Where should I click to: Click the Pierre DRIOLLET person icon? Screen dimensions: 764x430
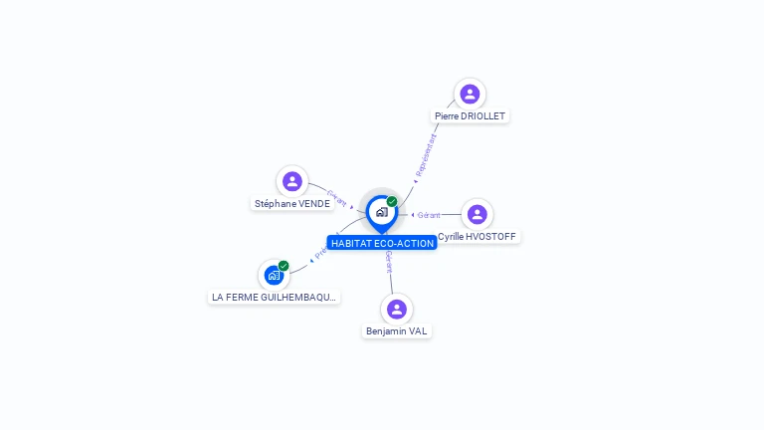tap(470, 95)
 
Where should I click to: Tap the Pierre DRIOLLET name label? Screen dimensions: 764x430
tap(470, 116)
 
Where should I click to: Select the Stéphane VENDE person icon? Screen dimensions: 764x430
tap(291, 181)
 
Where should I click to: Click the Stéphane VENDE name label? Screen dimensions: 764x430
tap(291, 204)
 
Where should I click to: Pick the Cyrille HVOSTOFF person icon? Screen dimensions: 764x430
tap(477, 214)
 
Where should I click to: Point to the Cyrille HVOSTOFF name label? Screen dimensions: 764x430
tap(477, 237)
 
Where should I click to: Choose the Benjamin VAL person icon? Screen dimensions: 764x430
tap(396, 309)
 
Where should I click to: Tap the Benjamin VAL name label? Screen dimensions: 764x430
tap(396, 330)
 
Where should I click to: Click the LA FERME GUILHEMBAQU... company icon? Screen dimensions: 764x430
tap(273, 276)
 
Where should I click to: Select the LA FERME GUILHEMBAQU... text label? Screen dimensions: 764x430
tap(275, 297)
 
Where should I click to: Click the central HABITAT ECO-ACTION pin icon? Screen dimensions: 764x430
tap(381, 212)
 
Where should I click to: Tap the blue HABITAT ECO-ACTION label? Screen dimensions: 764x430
tap(382, 243)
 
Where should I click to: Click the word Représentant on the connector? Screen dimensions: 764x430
tap(426, 156)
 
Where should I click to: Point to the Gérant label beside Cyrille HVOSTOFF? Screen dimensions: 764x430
tap(430, 215)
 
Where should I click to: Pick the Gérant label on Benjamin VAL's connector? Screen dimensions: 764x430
tap(389, 262)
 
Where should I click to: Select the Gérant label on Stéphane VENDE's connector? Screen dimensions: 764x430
tap(336, 196)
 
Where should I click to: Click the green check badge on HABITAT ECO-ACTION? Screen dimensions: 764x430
tap(392, 201)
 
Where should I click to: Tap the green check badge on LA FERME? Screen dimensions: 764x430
tap(284, 266)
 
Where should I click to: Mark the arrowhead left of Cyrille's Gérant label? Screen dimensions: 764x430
tap(413, 215)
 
